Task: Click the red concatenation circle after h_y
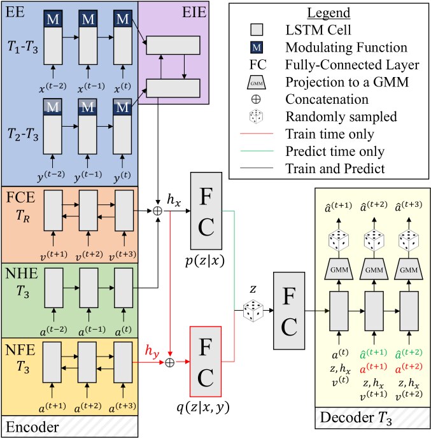[x=170, y=362]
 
